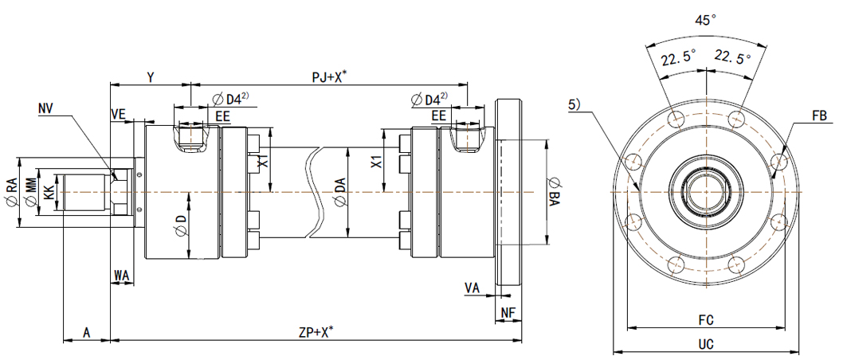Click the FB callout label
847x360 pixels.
[x=818, y=116]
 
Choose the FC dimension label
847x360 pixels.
[x=706, y=320]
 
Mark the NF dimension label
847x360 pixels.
[x=508, y=312]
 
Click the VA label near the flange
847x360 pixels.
[x=473, y=288]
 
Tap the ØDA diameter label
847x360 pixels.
[x=340, y=192]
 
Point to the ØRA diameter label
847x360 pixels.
[x=11, y=192]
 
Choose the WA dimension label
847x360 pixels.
[x=121, y=275]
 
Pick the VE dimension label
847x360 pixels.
[x=118, y=115]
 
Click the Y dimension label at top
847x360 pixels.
[x=150, y=76]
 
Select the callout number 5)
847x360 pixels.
[x=574, y=104]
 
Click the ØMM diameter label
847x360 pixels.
[x=30, y=192]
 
